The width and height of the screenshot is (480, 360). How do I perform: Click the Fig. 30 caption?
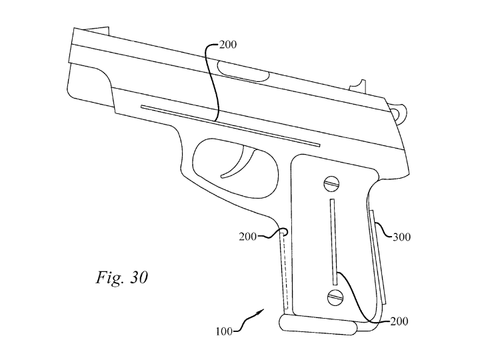click(122, 278)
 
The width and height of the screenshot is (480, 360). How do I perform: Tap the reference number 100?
click(224, 331)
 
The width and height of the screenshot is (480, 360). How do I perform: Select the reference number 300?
click(401, 237)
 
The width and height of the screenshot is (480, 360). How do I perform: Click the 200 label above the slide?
click(228, 45)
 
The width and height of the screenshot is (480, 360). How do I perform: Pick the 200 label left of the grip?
click(247, 237)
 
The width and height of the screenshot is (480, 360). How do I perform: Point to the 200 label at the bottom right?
click(399, 321)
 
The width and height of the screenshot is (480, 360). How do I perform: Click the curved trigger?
click(240, 161)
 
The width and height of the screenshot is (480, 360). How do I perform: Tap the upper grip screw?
click(331, 184)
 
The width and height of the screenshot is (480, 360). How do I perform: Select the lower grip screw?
click(335, 297)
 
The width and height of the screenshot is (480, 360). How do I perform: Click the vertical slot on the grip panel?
click(333, 242)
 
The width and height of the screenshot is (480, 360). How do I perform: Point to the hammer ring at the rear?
click(400, 113)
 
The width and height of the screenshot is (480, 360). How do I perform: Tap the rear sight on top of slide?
click(357, 85)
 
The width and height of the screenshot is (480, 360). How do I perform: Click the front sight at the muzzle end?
click(97, 29)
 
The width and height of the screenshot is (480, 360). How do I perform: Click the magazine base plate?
click(318, 325)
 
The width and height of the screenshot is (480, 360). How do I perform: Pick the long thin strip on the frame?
click(230, 126)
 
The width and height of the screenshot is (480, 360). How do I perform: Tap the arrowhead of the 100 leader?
click(261, 311)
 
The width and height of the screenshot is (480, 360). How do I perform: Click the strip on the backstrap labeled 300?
click(378, 257)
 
